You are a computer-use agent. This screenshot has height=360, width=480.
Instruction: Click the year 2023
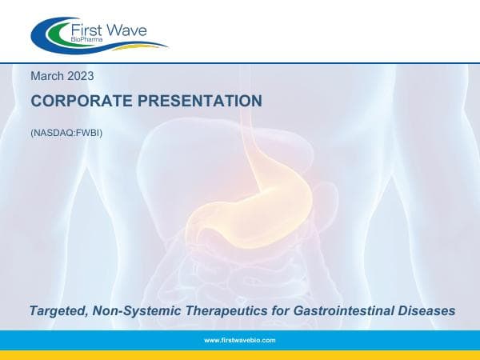coord(81,76)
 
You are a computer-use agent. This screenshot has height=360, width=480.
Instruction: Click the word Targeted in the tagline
coord(55,310)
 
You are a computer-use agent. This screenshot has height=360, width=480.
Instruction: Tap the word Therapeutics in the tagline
coord(214,310)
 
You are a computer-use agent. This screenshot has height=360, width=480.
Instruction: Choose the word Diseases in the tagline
coord(425,310)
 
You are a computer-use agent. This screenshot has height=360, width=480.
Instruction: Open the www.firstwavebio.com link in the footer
coord(240,340)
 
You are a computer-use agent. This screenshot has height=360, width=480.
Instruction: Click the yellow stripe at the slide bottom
coord(240,354)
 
